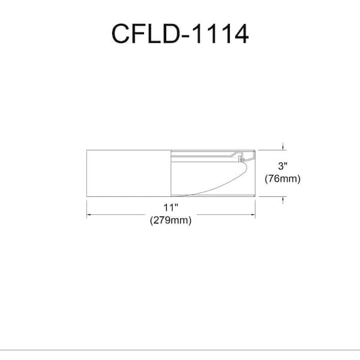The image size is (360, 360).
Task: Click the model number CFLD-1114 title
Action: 179,34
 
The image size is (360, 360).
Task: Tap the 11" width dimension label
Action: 172,207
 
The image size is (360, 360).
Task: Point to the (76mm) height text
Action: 283,178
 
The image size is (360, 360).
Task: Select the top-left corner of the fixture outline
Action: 88,149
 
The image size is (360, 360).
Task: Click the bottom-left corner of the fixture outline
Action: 88,197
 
